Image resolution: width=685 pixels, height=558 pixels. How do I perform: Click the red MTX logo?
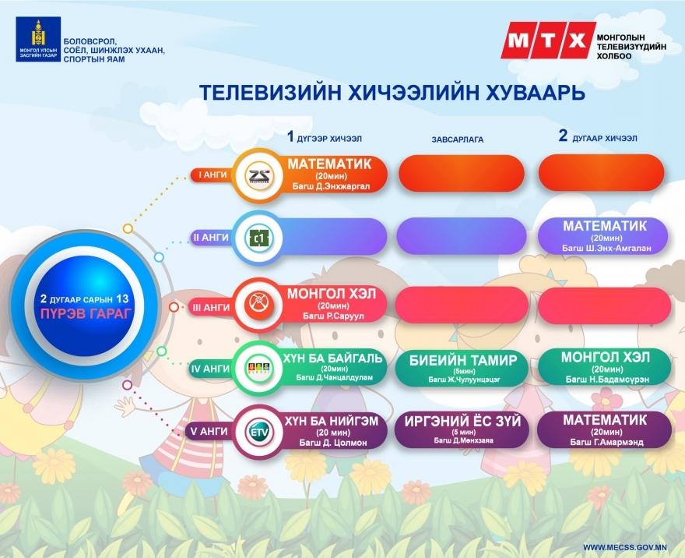548,40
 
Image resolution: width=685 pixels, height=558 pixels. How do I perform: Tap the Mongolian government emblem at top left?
38,40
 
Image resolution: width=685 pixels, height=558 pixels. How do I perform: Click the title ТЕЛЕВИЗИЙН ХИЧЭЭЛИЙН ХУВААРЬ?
392,93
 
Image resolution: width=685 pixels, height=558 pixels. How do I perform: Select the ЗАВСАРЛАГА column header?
458,139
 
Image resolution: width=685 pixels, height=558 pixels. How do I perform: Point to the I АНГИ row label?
213,175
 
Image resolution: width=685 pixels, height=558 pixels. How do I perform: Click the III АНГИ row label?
212,308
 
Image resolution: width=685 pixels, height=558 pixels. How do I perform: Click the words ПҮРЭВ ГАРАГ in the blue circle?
86,313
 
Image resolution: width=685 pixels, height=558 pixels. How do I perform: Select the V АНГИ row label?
209,432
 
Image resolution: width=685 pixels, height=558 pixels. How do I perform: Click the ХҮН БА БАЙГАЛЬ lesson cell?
333,367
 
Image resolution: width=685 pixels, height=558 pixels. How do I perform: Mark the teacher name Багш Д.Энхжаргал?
331,186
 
